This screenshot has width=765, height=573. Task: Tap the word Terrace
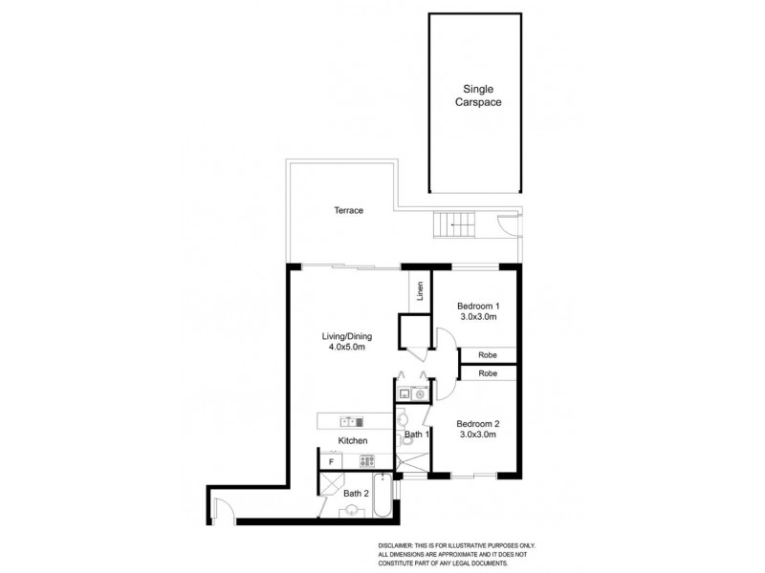(x=348, y=210)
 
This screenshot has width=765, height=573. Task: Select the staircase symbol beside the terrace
(x=454, y=226)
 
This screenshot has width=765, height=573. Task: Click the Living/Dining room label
(x=345, y=336)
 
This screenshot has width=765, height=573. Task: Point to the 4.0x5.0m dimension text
(x=345, y=350)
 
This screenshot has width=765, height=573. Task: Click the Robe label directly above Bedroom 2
(x=487, y=372)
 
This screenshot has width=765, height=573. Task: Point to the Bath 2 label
(x=356, y=493)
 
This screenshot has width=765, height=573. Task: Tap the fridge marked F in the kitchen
(x=331, y=461)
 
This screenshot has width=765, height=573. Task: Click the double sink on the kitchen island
(x=348, y=420)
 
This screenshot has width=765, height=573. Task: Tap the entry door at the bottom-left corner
(x=223, y=511)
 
